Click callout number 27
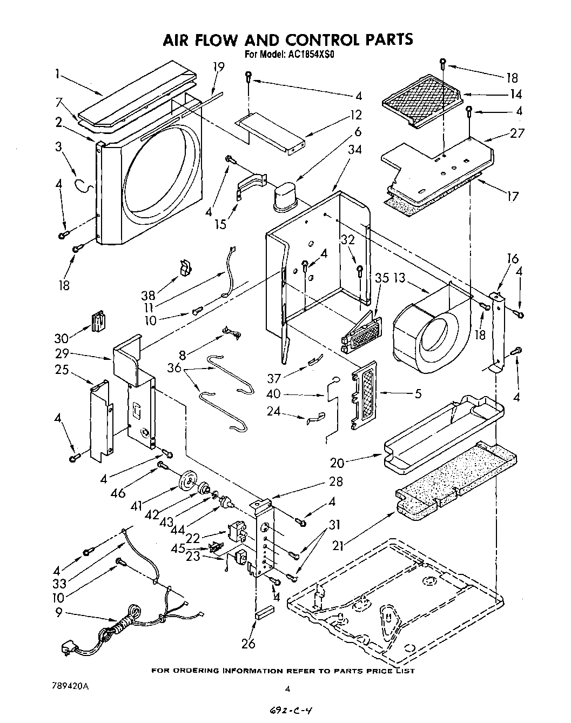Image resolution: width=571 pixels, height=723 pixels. coord(517,132)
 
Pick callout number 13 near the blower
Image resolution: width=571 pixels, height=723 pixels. coord(399,278)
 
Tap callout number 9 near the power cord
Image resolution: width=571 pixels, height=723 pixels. coord(59,613)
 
